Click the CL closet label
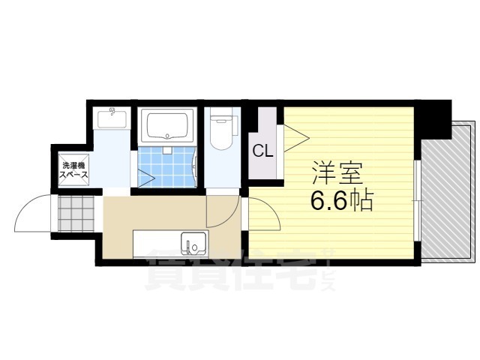262,151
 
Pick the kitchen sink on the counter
193,244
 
